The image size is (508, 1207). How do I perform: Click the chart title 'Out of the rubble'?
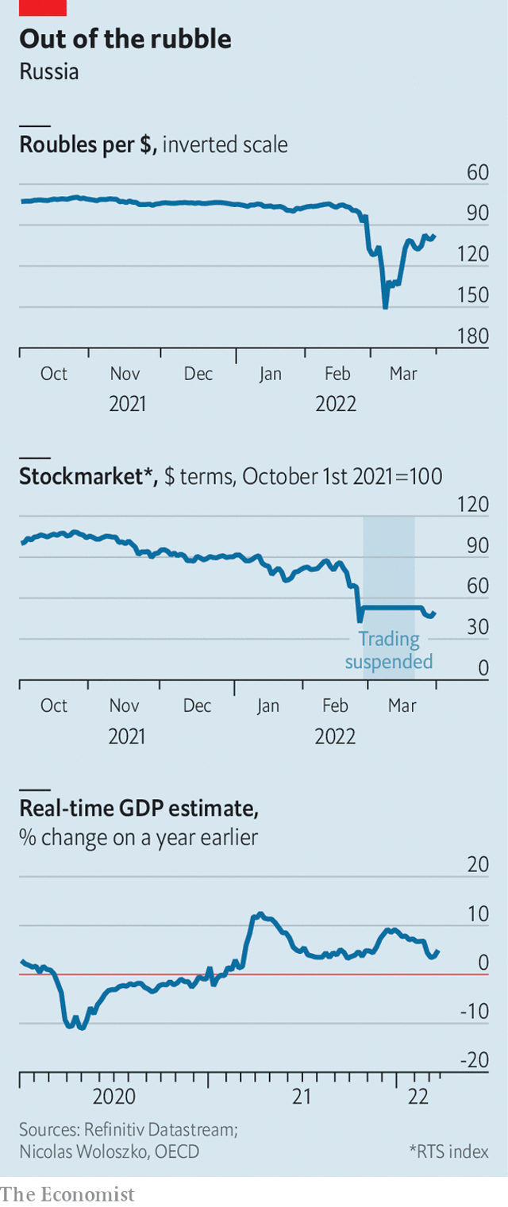coord(125,39)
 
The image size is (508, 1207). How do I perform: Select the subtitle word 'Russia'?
coord(49,71)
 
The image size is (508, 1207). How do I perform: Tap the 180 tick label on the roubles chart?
coord(475,336)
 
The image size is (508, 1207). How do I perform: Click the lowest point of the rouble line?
coord(385,307)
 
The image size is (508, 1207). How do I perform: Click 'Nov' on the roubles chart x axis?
coord(125,374)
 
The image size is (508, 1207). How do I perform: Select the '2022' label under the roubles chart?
coord(336,404)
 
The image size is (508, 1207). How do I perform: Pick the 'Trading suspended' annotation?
coord(389,650)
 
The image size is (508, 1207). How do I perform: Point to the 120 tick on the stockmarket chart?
coord(474,505)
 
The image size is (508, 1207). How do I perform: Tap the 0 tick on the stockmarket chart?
coord(483,669)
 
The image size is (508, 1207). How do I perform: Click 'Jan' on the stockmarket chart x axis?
coord(268,705)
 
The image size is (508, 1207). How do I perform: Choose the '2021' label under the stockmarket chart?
coord(127,736)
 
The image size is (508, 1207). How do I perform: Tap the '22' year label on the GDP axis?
coord(418,1097)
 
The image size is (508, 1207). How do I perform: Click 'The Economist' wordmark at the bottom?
coord(67,1194)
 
